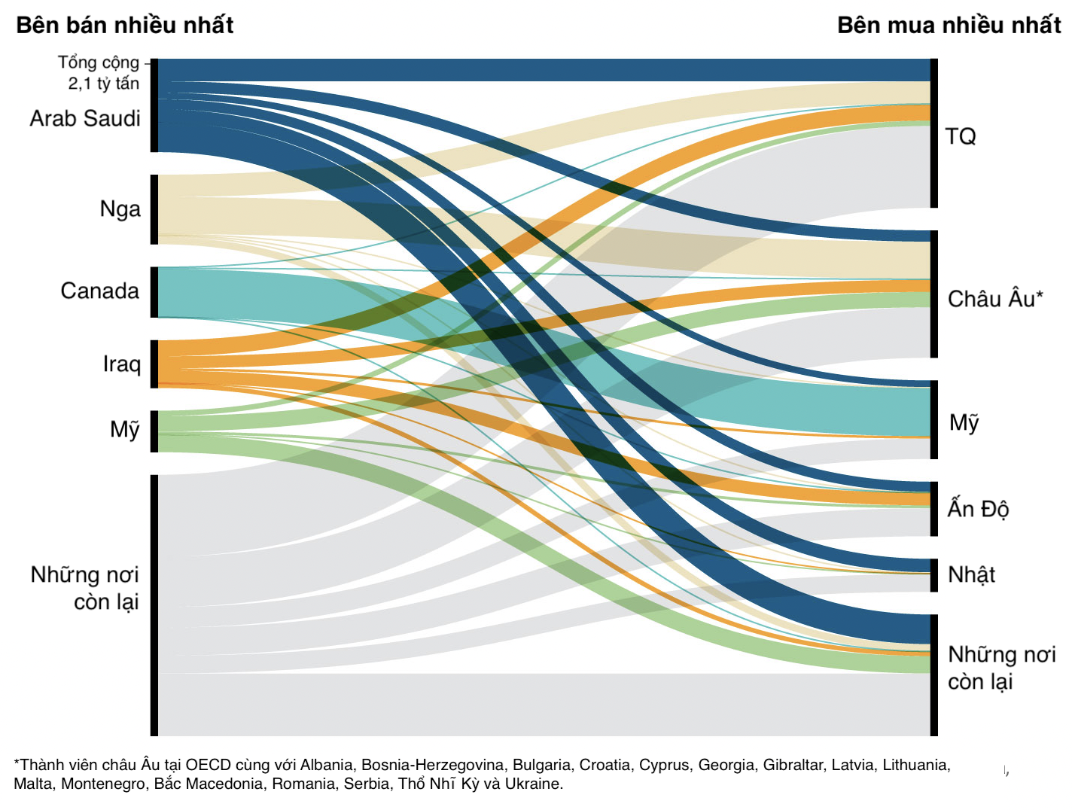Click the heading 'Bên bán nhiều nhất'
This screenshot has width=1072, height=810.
tap(124, 25)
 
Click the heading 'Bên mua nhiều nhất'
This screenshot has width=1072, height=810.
tap(949, 25)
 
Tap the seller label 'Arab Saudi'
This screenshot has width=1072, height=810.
tap(85, 118)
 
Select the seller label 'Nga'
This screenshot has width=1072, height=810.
tap(120, 209)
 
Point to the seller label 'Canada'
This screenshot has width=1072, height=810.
tap(100, 291)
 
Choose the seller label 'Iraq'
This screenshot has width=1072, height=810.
tap(122, 364)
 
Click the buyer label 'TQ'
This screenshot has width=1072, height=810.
tap(961, 136)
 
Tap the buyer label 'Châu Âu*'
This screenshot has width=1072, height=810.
tap(995, 299)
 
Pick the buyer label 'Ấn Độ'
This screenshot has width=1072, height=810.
tap(978, 509)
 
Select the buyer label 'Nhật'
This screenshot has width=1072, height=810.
tap(971, 574)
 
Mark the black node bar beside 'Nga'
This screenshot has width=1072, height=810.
tap(154, 209)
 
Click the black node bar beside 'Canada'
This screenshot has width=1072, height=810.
tap(154, 292)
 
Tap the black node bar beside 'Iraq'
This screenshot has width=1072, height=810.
tap(154, 364)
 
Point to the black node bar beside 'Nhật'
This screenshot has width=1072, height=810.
tap(934, 575)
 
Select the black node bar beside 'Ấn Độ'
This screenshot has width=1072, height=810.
tap(934, 509)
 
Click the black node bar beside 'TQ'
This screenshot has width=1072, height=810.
tap(934, 133)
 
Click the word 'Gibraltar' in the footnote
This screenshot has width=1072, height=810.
tap(794, 765)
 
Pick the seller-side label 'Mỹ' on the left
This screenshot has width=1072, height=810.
tap(125, 429)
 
